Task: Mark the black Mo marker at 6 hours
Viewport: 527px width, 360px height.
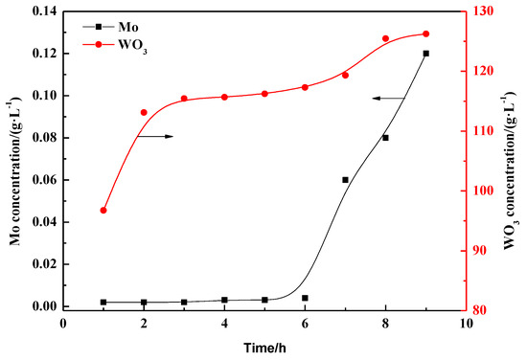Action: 305,298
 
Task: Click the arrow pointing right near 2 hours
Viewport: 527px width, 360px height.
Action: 158,137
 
